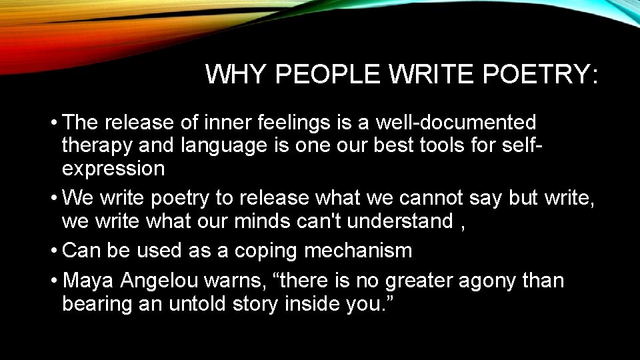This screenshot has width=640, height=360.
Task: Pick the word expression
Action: [113, 168]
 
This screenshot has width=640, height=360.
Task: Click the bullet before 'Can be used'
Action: [53, 251]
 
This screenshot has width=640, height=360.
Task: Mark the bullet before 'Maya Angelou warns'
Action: [53, 281]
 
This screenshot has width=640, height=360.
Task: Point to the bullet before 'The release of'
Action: [53, 123]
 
